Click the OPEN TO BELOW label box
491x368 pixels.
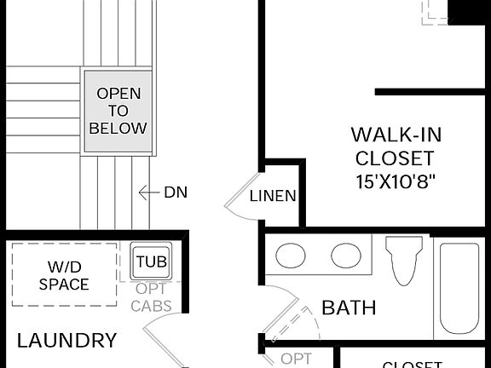click(118, 112)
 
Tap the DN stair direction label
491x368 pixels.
click(175, 193)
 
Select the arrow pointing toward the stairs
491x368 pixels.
click(148, 193)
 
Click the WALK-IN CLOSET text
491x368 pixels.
click(396, 146)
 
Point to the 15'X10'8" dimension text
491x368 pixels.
click(396, 181)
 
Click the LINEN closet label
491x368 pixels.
click(273, 196)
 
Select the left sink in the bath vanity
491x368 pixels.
click(292, 255)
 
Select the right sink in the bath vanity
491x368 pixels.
click(346, 255)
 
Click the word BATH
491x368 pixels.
click(349, 308)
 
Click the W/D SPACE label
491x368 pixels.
click(64, 275)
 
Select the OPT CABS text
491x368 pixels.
click(152, 297)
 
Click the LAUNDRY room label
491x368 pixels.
click(67, 341)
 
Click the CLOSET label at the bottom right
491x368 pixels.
click(412, 365)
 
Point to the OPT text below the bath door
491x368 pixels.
click(296, 359)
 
